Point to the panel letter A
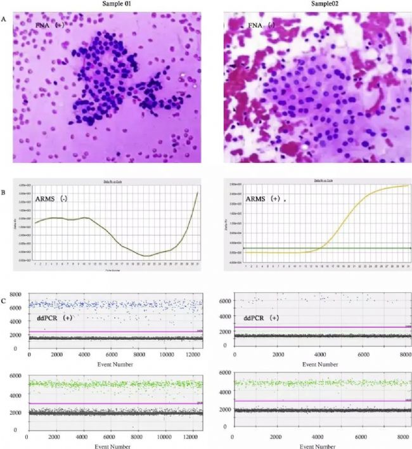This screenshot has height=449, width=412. (x=6, y=19)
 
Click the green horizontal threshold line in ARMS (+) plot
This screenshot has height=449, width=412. (x=285, y=247)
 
